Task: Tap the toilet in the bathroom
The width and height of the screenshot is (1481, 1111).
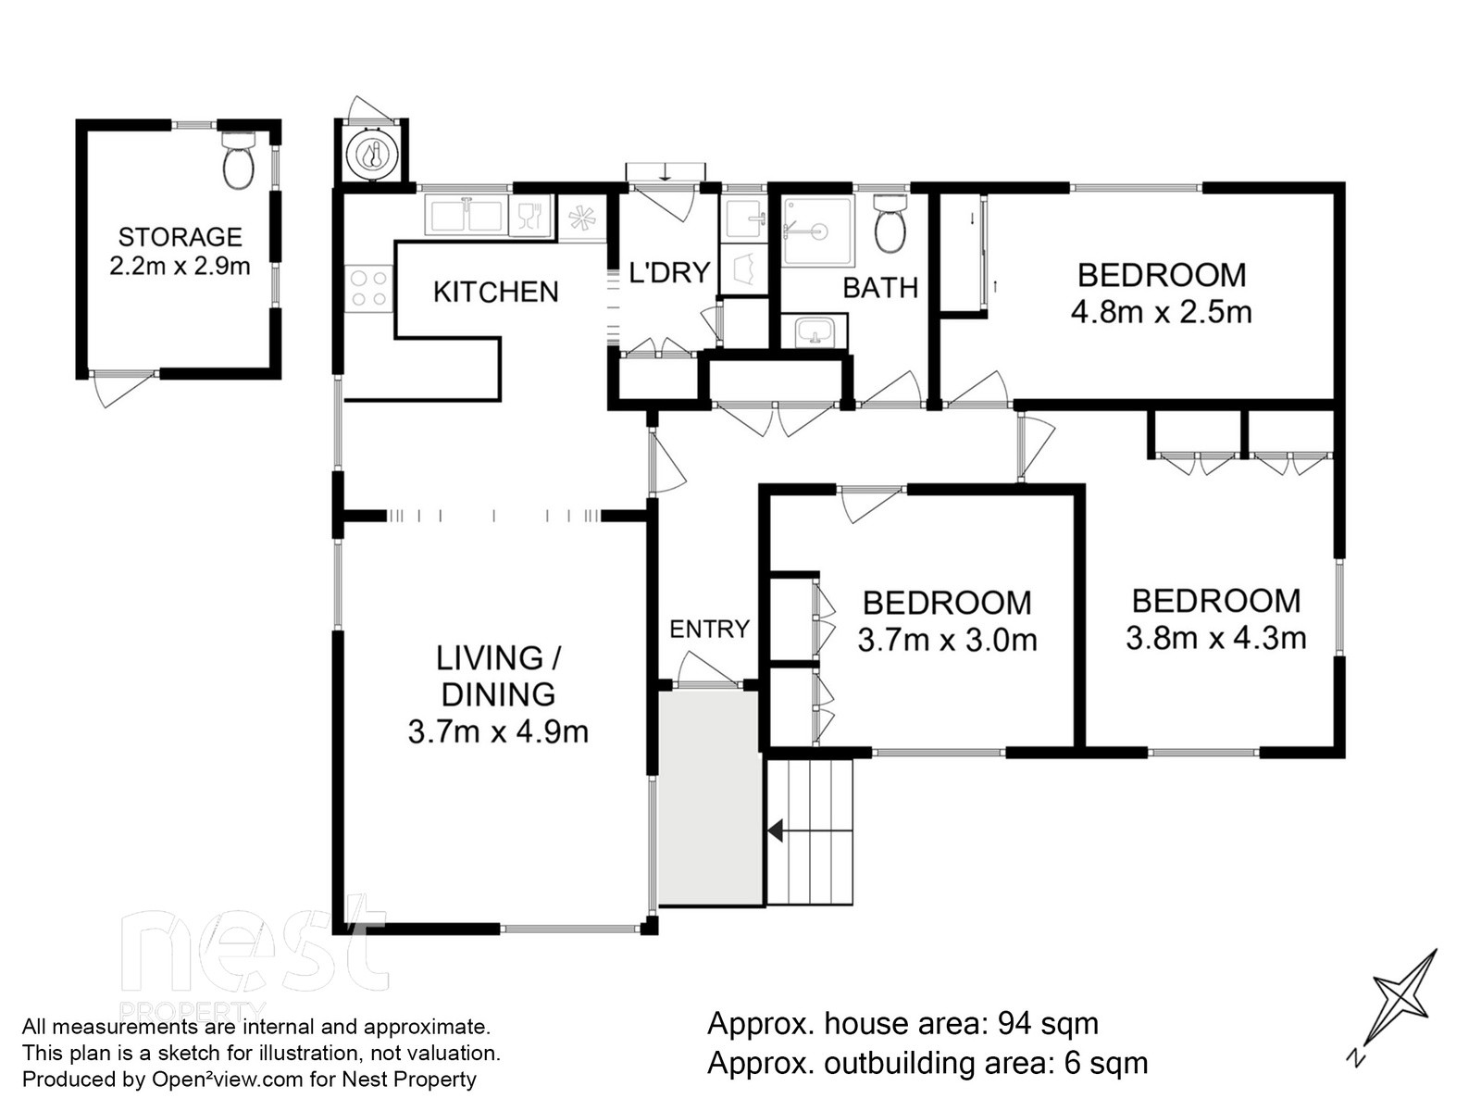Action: [889, 224]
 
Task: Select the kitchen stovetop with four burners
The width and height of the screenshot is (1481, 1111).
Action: [368, 289]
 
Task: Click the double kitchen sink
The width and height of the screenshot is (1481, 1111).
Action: [466, 216]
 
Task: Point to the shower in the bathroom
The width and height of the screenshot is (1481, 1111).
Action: [817, 231]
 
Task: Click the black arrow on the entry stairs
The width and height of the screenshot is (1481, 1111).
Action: [776, 830]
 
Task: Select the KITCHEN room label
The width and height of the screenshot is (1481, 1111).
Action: [496, 292]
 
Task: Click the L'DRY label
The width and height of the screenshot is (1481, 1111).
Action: [669, 272]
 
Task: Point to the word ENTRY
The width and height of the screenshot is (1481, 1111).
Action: [709, 630]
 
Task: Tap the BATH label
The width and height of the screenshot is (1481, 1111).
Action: [880, 288]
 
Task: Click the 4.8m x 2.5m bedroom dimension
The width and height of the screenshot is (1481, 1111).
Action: [1161, 313]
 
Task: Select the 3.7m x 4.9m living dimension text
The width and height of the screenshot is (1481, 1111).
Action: [498, 732]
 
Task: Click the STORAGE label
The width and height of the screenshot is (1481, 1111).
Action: [180, 237]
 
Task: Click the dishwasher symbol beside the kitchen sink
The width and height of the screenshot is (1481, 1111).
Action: [530, 216]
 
